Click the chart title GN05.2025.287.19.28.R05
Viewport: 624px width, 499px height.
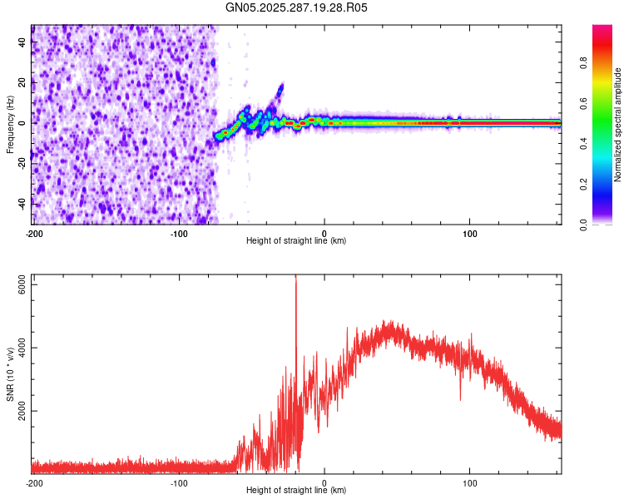[297, 7]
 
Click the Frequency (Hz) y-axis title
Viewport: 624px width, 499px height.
[10, 124]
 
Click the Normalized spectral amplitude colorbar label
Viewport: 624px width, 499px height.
[618, 124]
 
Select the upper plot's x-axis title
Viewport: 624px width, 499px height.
[296, 241]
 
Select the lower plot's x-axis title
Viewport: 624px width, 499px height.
[296, 492]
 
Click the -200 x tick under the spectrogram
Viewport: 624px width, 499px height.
[33, 232]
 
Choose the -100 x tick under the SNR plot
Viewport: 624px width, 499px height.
[179, 482]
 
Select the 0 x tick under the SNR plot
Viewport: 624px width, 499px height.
[324, 482]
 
